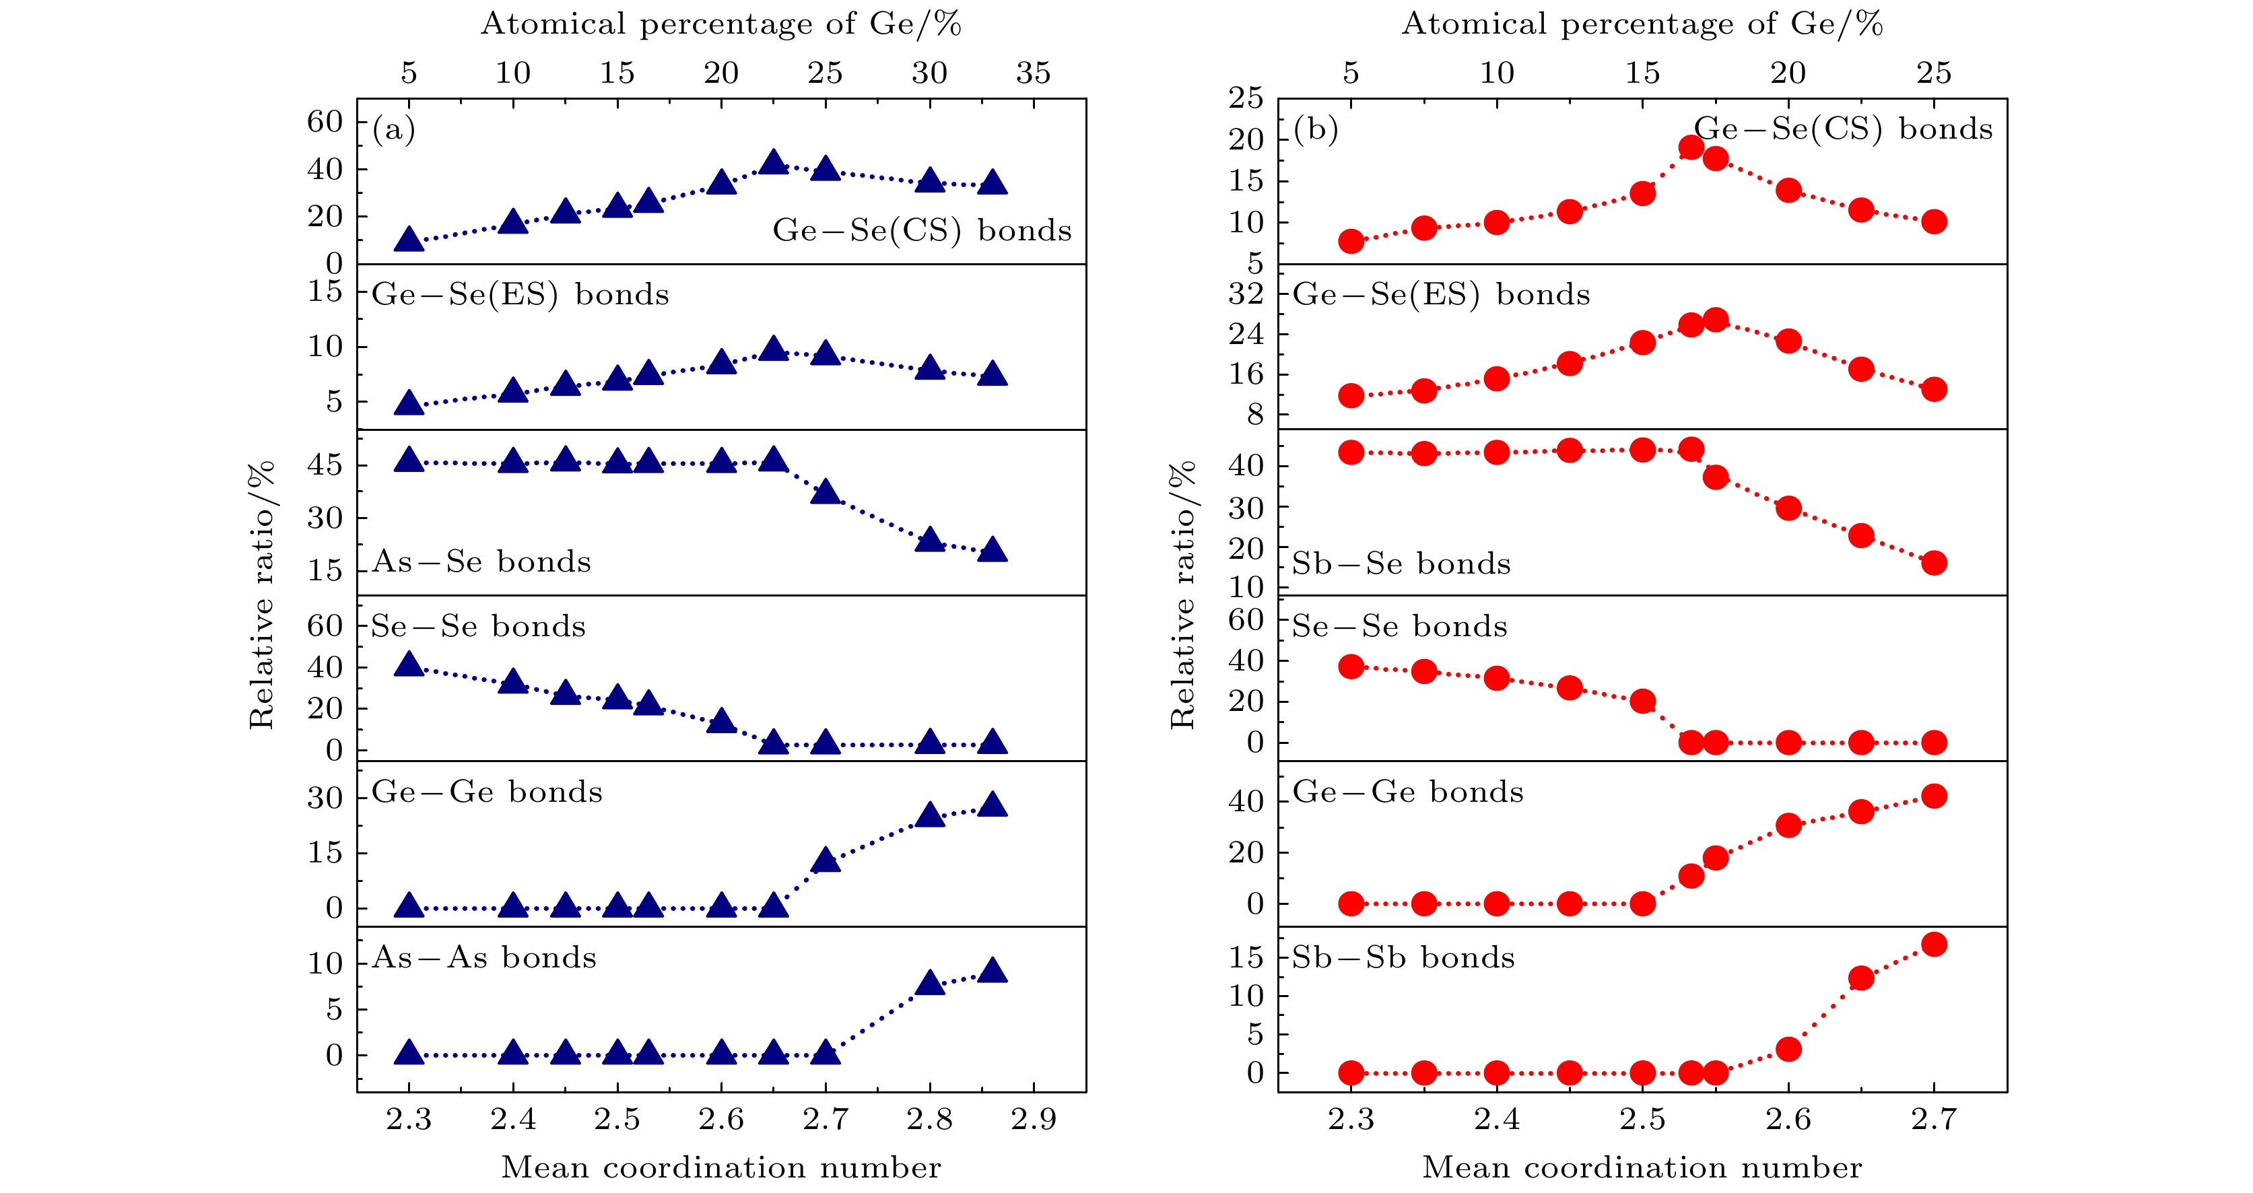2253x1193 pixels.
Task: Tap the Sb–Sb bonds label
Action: pyautogui.click(x=1403, y=958)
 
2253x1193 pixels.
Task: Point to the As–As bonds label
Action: pyautogui.click(x=483, y=958)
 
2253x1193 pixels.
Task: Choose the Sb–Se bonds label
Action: pyautogui.click(x=1401, y=564)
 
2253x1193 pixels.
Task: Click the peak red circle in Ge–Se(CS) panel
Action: pyautogui.click(x=1691, y=147)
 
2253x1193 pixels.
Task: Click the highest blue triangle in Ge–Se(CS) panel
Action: pyautogui.click(x=773, y=163)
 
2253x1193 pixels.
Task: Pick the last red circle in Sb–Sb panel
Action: pyautogui.click(x=1934, y=945)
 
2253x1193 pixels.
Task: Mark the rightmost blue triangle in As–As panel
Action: pyautogui.click(x=992, y=971)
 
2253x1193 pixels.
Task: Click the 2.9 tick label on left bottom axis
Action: pyautogui.click(x=1033, y=1120)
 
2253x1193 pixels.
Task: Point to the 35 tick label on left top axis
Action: pyautogui.click(x=1033, y=73)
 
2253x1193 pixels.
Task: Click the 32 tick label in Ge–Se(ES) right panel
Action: pyautogui.click(x=1246, y=294)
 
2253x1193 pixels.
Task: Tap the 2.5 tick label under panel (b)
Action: pyautogui.click(x=1642, y=1120)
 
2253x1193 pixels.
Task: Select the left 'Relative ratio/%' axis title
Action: pyautogui.click(x=261, y=594)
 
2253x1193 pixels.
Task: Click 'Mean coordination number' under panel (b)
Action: pyautogui.click(x=1642, y=1167)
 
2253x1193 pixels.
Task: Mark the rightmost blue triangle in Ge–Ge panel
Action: pyautogui.click(x=992, y=805)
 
